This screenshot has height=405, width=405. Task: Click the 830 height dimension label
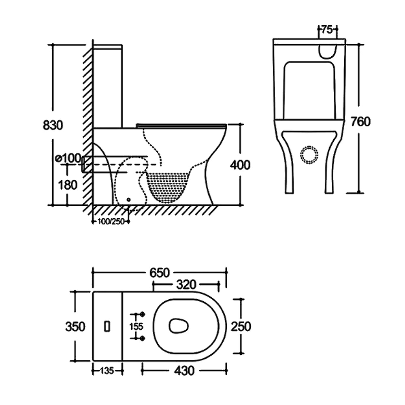coord(53,125)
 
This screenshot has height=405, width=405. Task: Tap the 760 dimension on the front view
coord(360,121)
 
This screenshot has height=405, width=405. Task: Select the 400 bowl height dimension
coord(240,164)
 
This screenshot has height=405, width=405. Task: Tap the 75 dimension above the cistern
coord(327,29)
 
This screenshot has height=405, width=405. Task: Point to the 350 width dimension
coord(75,326)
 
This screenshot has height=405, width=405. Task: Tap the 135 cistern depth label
coord(107,370)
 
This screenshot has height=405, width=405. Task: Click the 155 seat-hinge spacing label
coord(136,326)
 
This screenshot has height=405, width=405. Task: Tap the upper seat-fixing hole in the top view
coord(142,314)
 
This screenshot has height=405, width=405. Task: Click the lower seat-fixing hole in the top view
coord(142,338)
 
